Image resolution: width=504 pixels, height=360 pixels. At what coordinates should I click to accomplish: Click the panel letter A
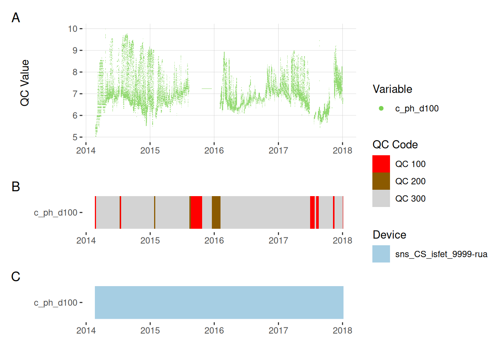[16, 18]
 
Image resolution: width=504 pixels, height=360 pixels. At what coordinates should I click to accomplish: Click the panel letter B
[16, 186]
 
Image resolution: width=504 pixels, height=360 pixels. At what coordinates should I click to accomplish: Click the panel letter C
[16, 276]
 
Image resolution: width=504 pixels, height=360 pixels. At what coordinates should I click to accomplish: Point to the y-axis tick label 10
[72, 29]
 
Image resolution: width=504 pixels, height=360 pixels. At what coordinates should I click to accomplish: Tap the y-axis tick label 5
[75, 137]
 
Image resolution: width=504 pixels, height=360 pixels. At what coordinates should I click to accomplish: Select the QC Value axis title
[25, 83]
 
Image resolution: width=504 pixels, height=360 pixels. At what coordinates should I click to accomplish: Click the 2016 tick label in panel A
[214, 151]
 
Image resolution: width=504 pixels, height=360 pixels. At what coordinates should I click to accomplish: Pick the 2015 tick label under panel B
[150, 241]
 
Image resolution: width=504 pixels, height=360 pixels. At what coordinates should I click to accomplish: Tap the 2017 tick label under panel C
[278, 331]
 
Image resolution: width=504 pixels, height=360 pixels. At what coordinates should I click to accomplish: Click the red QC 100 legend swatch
[381, 164]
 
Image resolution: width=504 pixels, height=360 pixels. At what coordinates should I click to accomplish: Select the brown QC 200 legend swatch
[381, 181]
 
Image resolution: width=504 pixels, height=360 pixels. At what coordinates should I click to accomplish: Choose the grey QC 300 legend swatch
[381, 198]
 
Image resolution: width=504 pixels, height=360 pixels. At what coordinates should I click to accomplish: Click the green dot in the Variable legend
[381, 108]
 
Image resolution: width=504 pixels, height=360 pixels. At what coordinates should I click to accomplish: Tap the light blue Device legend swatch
[381, 254]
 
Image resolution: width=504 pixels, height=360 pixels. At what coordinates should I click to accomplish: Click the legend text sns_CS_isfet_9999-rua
[441, 254]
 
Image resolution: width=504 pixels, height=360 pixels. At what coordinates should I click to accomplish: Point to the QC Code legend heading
[395, 145]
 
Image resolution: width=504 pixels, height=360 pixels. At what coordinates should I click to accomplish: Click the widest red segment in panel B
[196, 212]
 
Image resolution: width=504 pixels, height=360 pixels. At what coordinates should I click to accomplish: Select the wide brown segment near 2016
[216, 212]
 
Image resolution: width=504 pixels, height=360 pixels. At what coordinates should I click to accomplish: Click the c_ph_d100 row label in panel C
[55, 303]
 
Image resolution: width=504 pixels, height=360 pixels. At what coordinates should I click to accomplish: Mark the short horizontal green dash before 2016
[207, 89]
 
